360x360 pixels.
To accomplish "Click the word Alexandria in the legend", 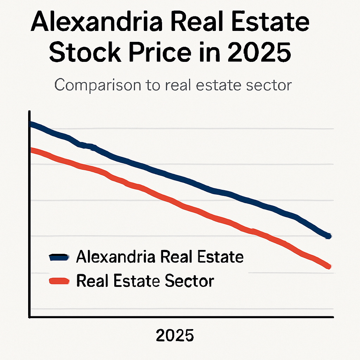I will (x=116, y=257).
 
